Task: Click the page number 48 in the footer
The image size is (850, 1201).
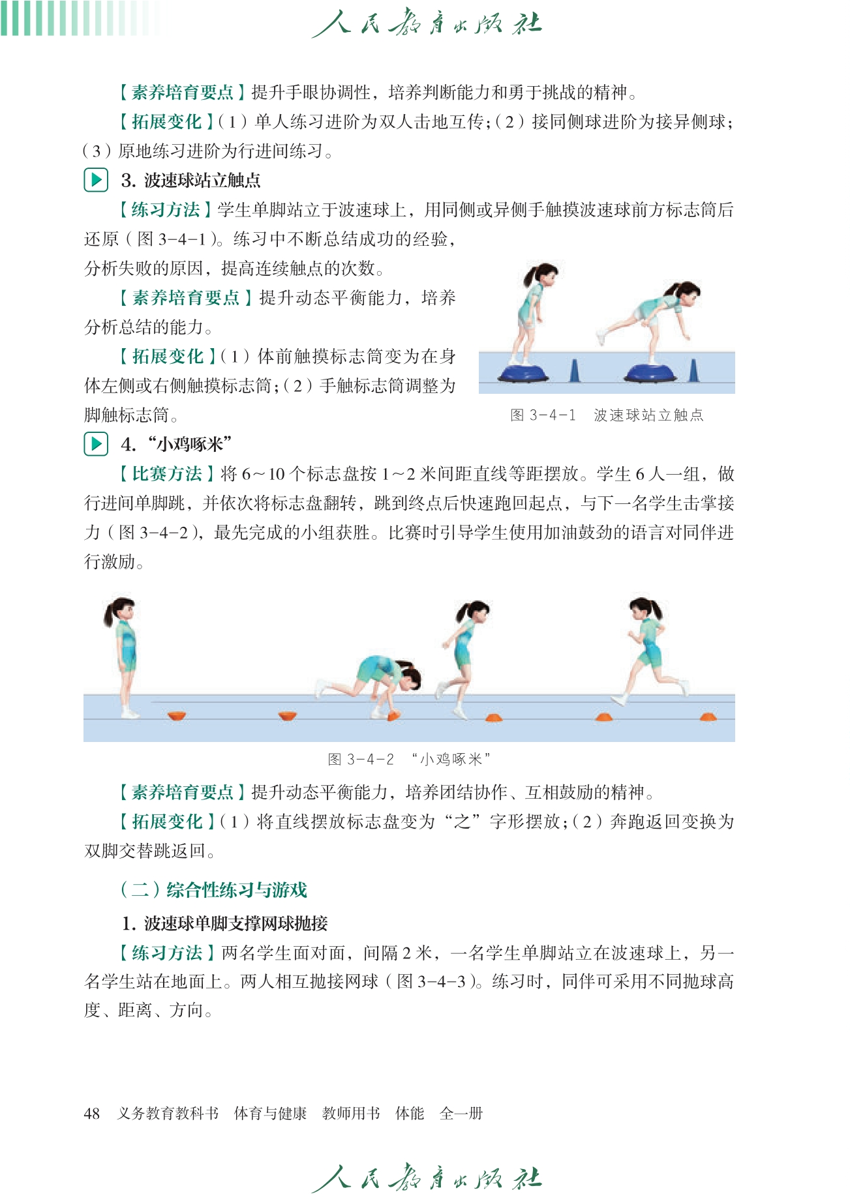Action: point(91,1113)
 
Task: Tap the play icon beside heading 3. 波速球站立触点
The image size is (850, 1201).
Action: point(96,179)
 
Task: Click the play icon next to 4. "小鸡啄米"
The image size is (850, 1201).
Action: point(96,444)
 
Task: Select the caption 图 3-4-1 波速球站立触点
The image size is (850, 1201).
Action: point(607,415)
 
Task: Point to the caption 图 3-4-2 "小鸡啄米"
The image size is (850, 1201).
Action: point(409,759)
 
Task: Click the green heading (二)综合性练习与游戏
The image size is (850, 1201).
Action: point(213,890)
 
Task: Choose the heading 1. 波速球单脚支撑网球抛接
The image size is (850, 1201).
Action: point(224,923)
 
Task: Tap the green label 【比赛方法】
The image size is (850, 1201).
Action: point(166,473)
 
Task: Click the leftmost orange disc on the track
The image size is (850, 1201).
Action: point(176,715)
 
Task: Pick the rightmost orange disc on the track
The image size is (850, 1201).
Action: point(708,717)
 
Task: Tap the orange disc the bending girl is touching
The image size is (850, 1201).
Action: point(392,716)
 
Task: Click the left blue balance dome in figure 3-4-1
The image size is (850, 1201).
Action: point(524,374)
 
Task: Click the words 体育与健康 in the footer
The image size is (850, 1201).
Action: point(270,1113)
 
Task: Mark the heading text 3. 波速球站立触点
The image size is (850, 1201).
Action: point(191,180)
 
